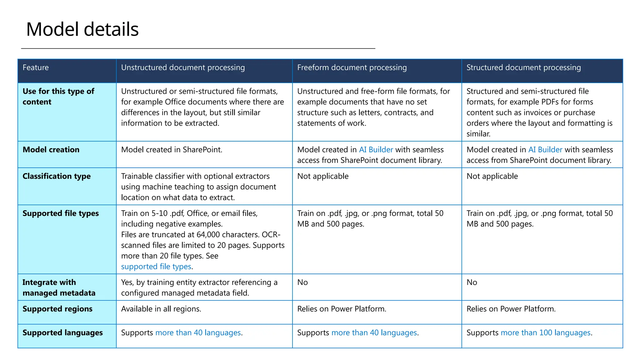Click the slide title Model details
[x=82, y=29]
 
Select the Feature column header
[x=36, y=67]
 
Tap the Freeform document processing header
[x=352, y=67]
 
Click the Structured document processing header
[x=523, y=67]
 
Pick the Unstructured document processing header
[x=183, y=67]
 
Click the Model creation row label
[x=51, y=150]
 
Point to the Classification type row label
[x=57, y=176]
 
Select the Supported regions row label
[x=57, y=309]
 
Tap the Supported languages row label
[x=62, y=333]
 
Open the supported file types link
[x=156, y=267]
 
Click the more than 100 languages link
[x=545, y=333]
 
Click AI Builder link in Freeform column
[x=376, y=150]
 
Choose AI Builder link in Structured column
[x=545, y=150]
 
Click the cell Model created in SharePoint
[x=172, y=150]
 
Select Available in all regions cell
[x=161, y=309]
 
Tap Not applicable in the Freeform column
[x=323, y=176]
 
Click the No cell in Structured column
[x=472, y=282]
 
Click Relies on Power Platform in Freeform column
[x=342, y=309]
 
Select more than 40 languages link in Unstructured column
[x=198, y=333]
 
